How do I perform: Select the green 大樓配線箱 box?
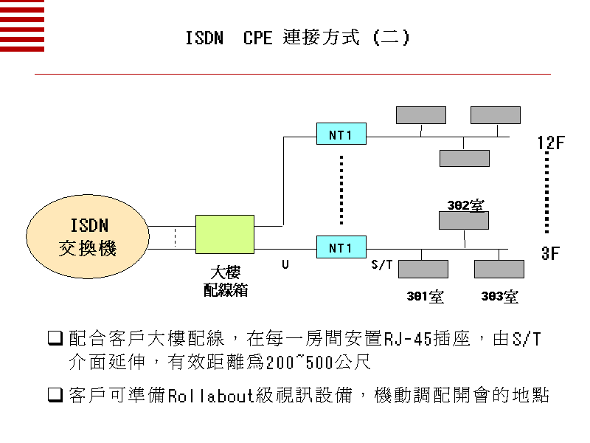225,235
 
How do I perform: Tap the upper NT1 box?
341,134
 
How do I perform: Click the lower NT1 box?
341,247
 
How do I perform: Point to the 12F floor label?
550,142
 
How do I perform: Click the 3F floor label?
550,254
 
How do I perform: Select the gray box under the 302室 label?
464,220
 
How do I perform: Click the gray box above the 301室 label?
423,269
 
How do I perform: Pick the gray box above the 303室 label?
499,269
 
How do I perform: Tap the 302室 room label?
465,205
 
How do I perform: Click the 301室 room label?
425,297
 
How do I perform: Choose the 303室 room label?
499,297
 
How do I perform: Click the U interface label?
285,264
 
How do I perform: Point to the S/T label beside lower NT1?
381,264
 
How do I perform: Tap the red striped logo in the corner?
22,26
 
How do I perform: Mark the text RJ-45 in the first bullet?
404,340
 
